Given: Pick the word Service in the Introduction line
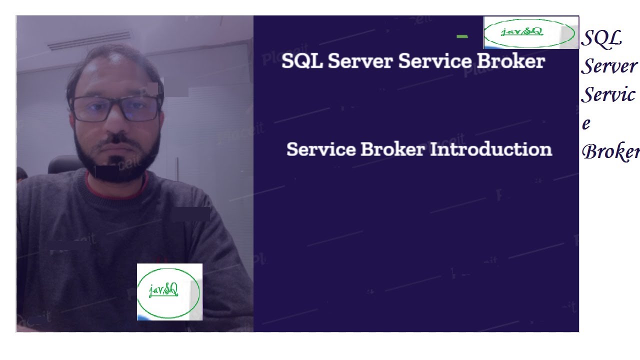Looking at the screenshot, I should click(x=320, y=149).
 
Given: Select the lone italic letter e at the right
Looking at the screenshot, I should click(x=586, y=123).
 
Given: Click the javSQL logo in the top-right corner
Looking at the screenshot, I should click(x=531, y=32).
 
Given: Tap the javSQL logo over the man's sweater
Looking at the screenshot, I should click(x=169, y=291).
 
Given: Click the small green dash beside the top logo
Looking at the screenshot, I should click(x=462, y=36).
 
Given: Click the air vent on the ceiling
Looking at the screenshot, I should click(x=90, y=41).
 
